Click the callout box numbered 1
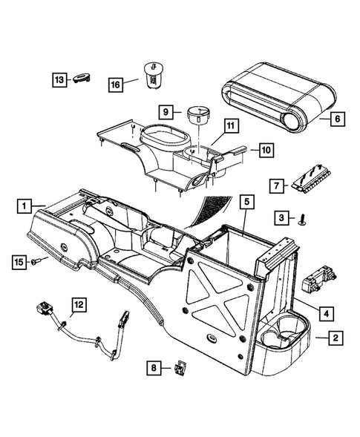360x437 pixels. [x=24, y=204]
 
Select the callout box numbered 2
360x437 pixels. [x=336, y=338]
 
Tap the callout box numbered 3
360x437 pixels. [x=281, y=217]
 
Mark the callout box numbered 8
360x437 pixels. [x=154, y=367]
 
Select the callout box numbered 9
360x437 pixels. [x=166, y=112]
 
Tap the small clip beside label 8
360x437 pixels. [x=180, y=367]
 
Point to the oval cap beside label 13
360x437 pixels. [x=83, y=79]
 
